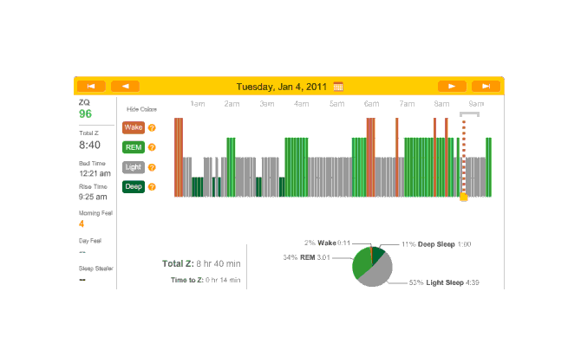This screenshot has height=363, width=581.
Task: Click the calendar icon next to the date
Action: (338, 86)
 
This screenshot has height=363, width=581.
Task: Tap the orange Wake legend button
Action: (134, 127)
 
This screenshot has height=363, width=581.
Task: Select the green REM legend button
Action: (134, 147)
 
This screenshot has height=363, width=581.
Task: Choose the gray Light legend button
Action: (134, 167)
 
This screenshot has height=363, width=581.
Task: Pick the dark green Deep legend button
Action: (134, 186)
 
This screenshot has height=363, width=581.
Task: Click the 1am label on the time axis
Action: (198, 104)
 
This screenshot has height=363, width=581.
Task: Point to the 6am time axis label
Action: (371, 104)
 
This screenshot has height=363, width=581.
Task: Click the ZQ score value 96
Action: (85, 113)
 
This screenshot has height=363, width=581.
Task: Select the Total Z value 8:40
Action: (90, 145)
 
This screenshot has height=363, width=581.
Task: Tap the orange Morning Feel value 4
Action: (82, 224)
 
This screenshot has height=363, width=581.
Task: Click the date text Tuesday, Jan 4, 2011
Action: (283, 86)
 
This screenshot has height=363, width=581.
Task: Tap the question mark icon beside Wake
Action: (152, 127)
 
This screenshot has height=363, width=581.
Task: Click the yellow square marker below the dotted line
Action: (464, 198)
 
